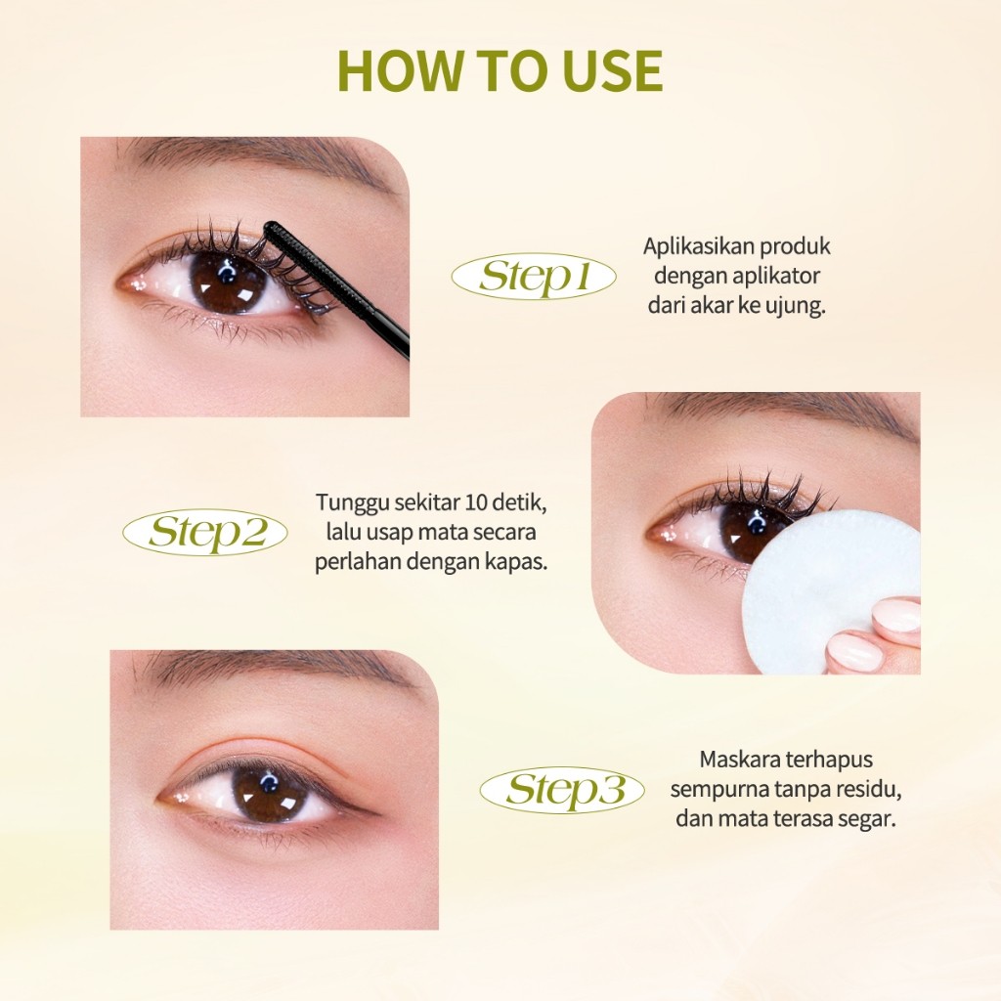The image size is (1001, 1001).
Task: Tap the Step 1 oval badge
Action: click(x=534, y=277)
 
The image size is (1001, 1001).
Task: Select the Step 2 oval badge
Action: click(x=205, y=533)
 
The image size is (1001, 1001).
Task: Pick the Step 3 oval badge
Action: click(x=562, y=790)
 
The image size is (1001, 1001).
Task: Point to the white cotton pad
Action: click(x=830, y=591)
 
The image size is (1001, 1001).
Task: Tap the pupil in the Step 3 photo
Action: click(x=269, y=794)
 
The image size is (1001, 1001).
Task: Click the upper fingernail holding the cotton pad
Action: click(x=896, y=615)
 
